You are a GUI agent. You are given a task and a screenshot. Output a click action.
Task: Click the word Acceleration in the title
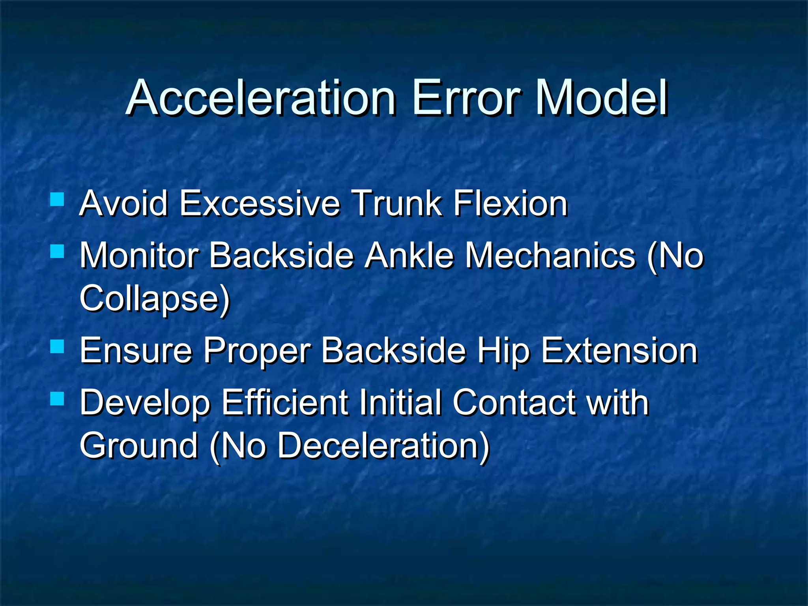[x=261, y=97]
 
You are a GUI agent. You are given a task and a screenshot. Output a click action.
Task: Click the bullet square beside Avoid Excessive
[x=58, y=199]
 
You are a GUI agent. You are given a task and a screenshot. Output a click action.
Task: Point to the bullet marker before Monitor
[x=58, y=251]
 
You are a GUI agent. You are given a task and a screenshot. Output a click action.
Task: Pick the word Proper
[x=257, y=351]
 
